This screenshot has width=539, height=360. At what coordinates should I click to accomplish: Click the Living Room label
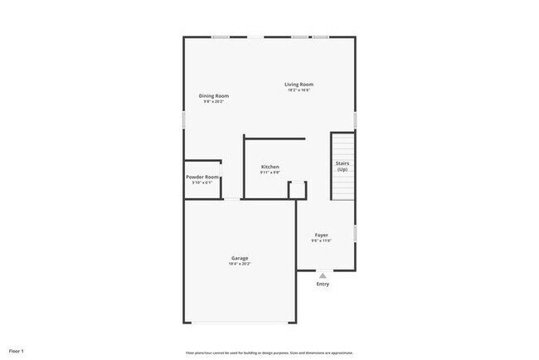299,84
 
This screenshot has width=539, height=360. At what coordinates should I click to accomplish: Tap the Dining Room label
214,95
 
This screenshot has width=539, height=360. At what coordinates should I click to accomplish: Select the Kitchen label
270,167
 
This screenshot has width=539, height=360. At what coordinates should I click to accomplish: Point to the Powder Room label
202,177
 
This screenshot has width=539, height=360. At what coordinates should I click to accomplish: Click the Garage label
240,258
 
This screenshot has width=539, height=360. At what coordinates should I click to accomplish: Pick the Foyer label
321,235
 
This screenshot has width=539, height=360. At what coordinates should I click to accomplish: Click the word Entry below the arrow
323,285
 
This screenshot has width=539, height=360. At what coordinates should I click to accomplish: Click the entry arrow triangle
323,275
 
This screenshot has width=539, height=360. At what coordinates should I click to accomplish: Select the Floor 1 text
17,351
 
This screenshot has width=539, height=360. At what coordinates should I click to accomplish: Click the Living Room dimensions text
299,90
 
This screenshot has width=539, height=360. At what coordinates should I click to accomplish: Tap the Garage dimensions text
240,264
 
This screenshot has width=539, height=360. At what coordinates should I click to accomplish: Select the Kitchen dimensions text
270,173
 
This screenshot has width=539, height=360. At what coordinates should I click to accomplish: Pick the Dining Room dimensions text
214,101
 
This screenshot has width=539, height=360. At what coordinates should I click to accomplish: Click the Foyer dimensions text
321,241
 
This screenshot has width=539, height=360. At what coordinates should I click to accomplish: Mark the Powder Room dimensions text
202,182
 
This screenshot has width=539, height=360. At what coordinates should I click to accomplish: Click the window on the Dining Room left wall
183,119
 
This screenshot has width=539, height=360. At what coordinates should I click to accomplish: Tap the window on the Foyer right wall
355,233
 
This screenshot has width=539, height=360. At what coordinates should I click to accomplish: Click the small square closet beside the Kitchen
297,190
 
